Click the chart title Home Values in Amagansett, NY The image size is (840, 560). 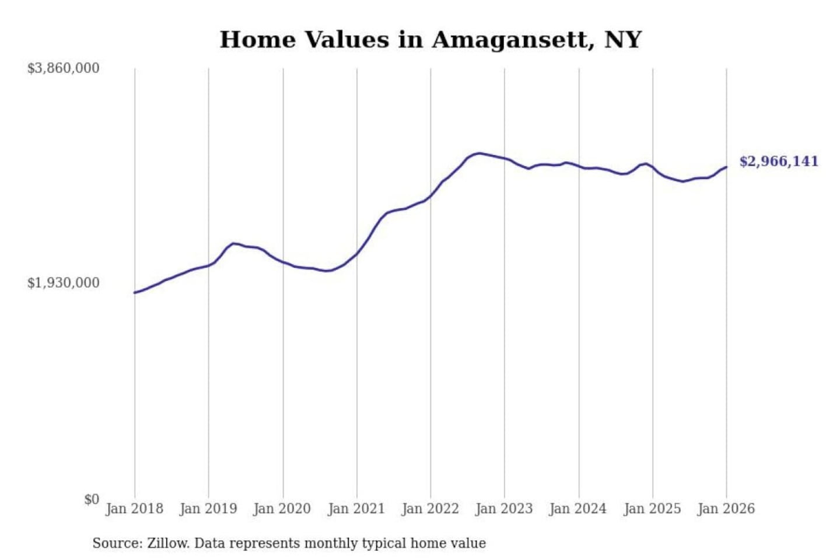pyautogui.click(x=430, y=40)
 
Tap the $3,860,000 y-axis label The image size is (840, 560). pyautogui.click(x=63, y=68)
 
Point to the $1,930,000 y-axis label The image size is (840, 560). pyautogui.click(x=63, y=283)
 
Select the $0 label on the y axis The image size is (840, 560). pyautogui.click(x=92, y=499)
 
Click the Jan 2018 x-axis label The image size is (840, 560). pyautogui.click(x=134, y=509)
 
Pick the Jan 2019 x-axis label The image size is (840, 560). pyautogui.click(x=208, y=509)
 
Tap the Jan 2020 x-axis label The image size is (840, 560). pyautogui.click(x=282, y=509)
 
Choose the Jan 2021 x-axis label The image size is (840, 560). pyautogui.click(x=356, y=509)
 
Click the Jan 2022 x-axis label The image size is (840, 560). pyautogui.click(x=430, y=509)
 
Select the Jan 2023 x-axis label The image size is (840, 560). pyautogui.click(x=504, y=509)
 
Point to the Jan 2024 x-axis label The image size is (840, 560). pyautogui.click(x=578, y=509)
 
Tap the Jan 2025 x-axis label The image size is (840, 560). pyautogui.click(x=652, y=509)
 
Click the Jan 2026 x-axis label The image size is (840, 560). pyautogui.click(x=726, y=509)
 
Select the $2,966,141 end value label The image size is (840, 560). pyautogui.click(x=779, y=162)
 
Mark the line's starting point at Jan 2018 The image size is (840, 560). pyautogui.click(x=135, y=293)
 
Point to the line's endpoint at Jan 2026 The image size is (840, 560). pyautogui.click(x=726, y=167)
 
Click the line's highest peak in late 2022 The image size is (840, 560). pyautogui.click(x=479, y=153)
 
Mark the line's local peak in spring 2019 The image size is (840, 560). pyautogui.click(x=233, y=243)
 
